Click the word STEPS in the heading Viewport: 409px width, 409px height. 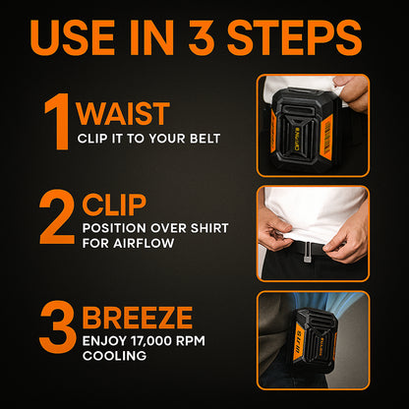pos(294,37)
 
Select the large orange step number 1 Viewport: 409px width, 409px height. pos(58,122)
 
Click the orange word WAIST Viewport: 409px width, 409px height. pos(123,114)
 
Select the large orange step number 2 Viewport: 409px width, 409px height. pos(57,216)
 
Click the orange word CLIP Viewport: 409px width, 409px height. pos(114,204)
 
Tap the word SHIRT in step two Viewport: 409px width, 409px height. pos(209,228)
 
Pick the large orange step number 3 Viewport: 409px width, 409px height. pos(57,326)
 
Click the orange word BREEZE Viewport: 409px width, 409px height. pos(138,318)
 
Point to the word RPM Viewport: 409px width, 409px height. pos(191,341)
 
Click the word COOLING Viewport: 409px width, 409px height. pos(114,356)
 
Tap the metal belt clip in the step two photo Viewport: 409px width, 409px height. pos(307,253)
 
